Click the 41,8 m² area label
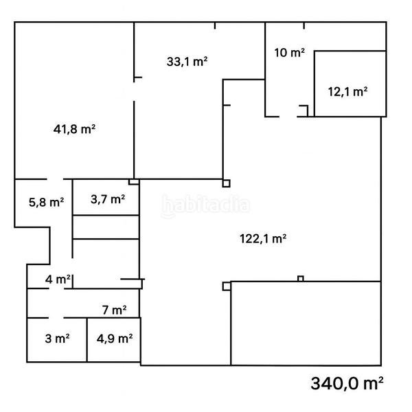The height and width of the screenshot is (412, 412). pos(74,128)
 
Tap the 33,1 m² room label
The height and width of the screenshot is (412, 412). pos(187,61)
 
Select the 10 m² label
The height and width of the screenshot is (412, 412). pos(289,53)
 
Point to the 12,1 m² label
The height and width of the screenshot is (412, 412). pos(347,91)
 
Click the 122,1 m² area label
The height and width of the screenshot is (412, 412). pos(262,239)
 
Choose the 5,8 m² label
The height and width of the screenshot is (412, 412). pos(46,202)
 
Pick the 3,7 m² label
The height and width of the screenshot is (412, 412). pos(108,200)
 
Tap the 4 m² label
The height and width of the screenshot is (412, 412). pos(58,279)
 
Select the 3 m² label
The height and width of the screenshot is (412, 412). pos(56,338)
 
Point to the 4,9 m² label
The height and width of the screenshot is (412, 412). pos(114,338)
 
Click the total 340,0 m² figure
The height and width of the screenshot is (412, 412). pos(347,382)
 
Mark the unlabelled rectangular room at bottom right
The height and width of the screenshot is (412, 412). pos(306,323)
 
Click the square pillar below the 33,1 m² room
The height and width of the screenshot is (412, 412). pos(226,183)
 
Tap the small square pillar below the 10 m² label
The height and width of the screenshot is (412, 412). pos(303,109)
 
